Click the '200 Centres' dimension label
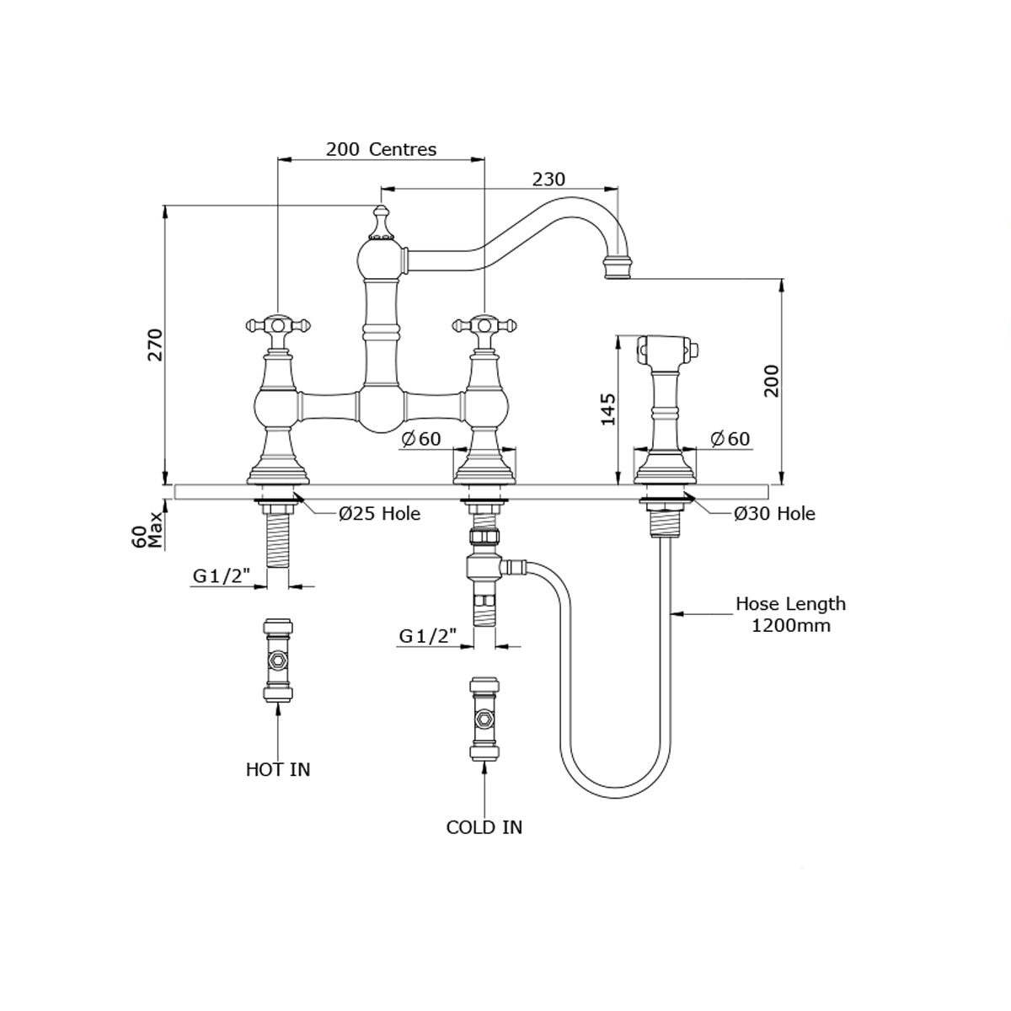(x=381, y=150)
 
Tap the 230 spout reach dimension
(x=548, y=179)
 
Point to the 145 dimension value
(x=609, y=409)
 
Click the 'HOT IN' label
(x=278, y=769)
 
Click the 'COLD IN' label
(x=484, y=827)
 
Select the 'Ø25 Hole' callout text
(x=379, y=513)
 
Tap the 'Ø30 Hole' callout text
(x=774, y=513)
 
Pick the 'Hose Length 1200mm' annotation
(x=790, y=614)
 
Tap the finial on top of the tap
(x=381, y=222)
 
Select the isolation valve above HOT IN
(x=277, y=661)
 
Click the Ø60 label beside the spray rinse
(x=730, y=439)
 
